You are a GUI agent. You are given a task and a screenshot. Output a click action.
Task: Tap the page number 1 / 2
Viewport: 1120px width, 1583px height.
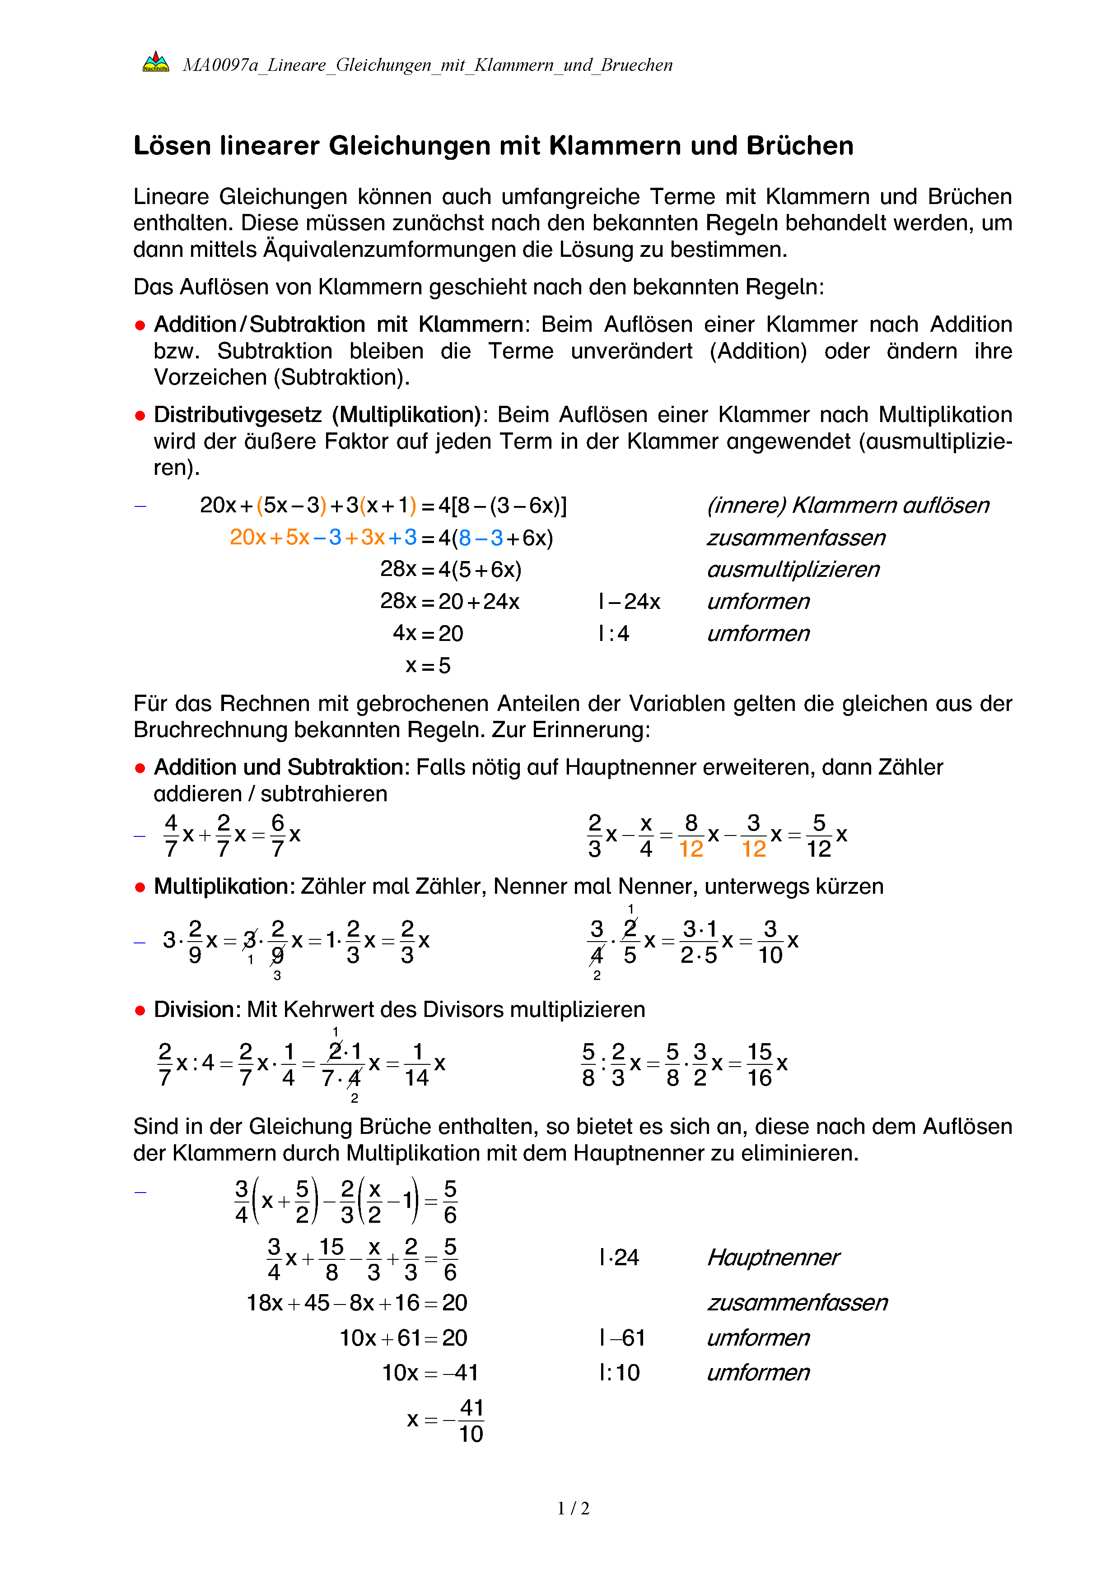tap(573, 1509)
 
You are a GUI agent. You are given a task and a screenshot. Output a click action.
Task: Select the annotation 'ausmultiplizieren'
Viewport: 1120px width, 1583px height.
tap(793, 570)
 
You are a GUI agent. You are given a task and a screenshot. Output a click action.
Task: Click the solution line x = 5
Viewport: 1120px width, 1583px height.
tap(428, 666)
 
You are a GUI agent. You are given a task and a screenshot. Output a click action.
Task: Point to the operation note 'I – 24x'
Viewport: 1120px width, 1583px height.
tap(629, 602)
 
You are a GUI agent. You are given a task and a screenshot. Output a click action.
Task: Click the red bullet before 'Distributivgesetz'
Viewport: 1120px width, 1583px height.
tap(140, 416)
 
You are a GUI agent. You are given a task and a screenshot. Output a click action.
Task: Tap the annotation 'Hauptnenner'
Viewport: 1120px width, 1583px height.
tap(772, 1258)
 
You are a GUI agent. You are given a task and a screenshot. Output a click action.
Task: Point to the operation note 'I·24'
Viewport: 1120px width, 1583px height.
tap(619, 1258)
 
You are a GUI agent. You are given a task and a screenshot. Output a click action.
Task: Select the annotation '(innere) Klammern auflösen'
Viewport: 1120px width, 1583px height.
tap(848, 506)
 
